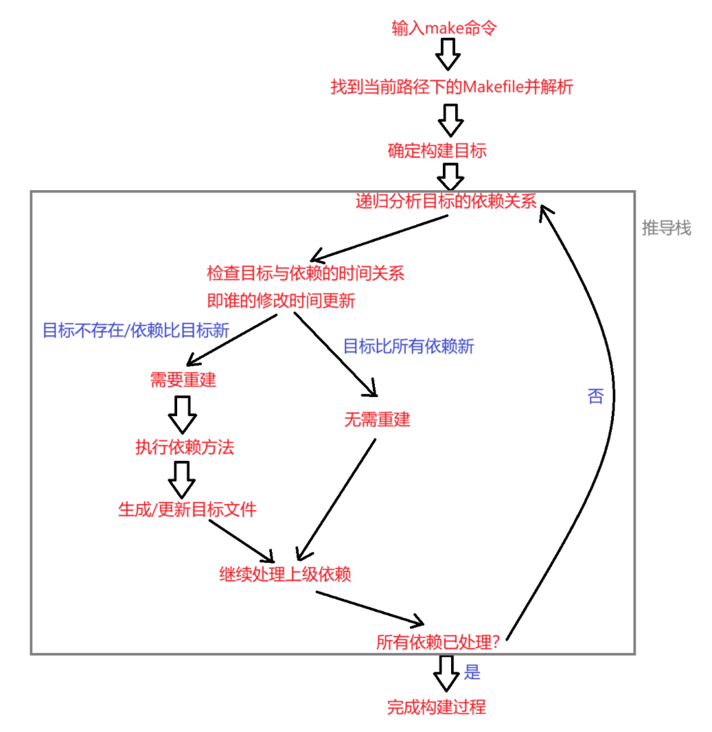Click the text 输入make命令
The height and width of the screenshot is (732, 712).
point(444,28)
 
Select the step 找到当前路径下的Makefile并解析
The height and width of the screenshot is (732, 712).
point(452,87)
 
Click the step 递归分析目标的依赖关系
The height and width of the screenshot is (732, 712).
point(446,201)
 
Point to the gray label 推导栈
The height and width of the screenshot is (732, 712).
point(666,229)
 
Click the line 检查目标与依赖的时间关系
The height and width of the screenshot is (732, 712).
point(305,273)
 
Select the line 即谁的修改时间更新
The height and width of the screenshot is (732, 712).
point(281,301)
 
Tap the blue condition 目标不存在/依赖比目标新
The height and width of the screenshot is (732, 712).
point(136,330)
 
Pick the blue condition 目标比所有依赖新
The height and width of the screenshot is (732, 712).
point(409,346)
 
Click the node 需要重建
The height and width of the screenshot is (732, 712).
point(183,380)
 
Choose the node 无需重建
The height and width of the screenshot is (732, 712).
point(377,419)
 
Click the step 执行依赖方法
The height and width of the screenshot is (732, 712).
point(185,448)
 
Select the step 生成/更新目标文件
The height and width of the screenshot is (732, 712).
point(187,510)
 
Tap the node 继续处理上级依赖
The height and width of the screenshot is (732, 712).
point(285,574)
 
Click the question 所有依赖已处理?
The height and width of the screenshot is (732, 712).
point(437,643)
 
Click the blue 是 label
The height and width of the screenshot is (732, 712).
point(472,672)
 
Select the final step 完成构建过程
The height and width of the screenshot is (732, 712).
point(436,707)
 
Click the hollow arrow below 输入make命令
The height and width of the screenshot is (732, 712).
point(448,54)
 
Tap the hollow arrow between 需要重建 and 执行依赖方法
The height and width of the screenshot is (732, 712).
point(182,413)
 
